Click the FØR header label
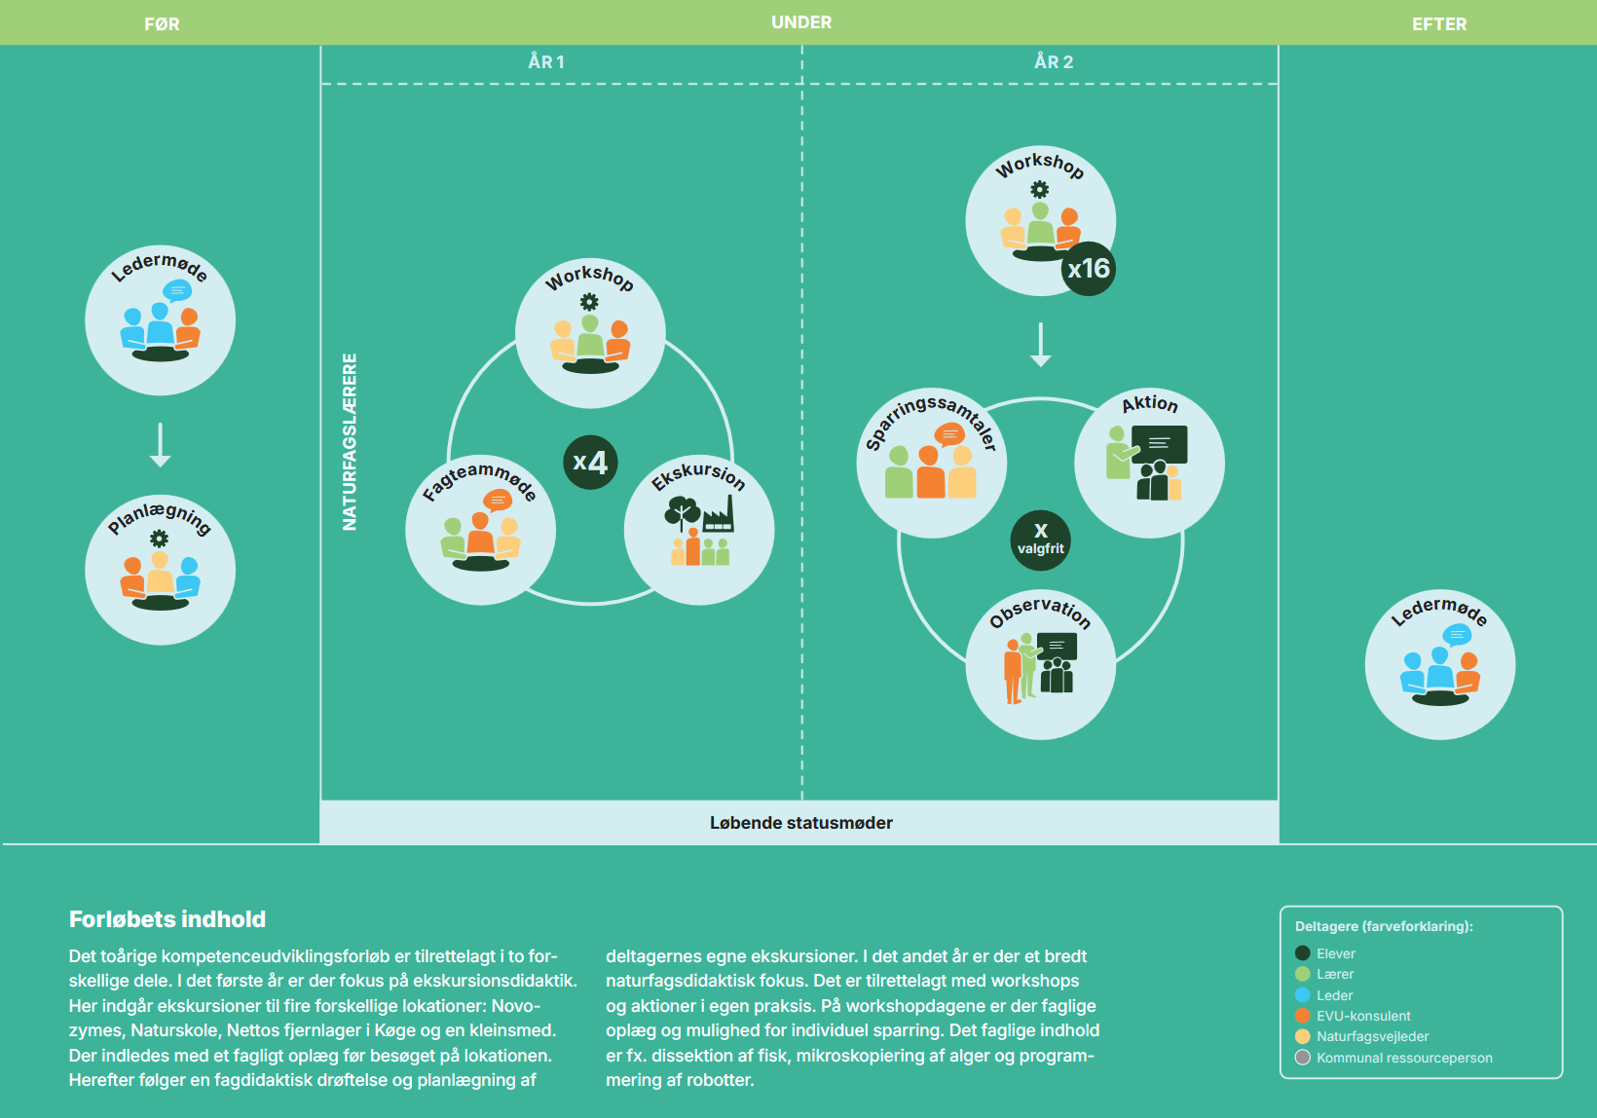162,24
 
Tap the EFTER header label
1438,24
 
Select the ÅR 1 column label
546,61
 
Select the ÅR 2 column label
1053,61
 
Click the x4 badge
590,462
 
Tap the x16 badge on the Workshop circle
1088,269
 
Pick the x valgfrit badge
1040,540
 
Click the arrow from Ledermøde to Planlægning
160,445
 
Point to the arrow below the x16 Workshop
1040,345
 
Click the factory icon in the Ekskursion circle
718,513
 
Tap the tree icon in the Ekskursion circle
683,513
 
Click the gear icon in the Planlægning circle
159,539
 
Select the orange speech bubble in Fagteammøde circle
497,501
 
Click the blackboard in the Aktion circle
1159,444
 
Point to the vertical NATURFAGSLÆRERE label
350,442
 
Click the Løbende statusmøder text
800,823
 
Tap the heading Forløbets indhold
167,919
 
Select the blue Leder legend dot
1303,994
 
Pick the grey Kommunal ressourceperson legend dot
1303,1058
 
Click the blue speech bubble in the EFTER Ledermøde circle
1457,635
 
